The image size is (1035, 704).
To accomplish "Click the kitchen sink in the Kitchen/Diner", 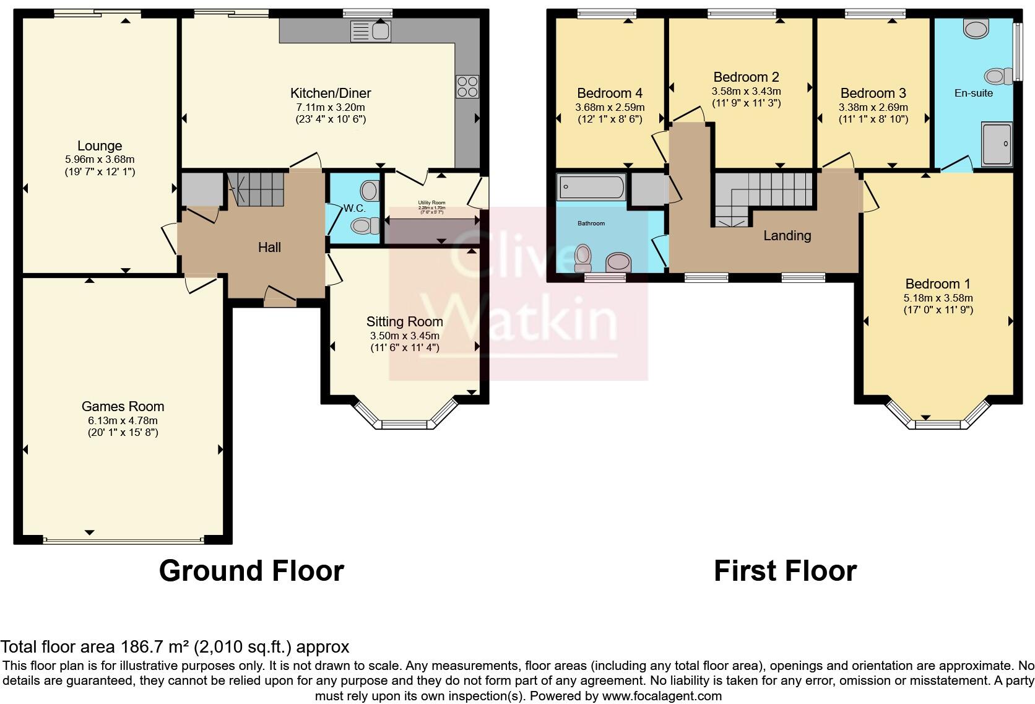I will point(370,30).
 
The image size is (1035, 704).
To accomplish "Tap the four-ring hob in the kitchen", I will point(467,86).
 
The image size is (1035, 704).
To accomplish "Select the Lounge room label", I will point(100,146).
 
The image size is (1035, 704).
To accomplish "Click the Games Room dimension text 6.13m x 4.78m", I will point(123,420).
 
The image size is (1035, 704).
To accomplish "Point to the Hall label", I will point(269,248).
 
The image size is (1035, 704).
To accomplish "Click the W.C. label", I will point(355,208).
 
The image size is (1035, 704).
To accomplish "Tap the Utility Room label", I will point(431,202).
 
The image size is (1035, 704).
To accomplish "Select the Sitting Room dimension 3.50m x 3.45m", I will point(404,336).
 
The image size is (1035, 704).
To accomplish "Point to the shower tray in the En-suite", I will point(997,144).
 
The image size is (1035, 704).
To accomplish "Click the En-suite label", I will point(973,93).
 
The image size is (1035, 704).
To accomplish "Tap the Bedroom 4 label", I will point(609,93).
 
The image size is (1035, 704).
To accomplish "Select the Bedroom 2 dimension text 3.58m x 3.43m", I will point(746,91).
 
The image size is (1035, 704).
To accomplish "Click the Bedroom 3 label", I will point(873,93).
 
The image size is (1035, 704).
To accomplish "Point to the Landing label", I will point(787,235).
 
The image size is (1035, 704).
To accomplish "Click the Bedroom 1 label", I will point(937,284).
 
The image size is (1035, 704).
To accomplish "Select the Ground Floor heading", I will point(251,570).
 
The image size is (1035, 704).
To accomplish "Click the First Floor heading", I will point(785,570).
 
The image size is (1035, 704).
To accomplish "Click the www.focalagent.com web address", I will point(661,695).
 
